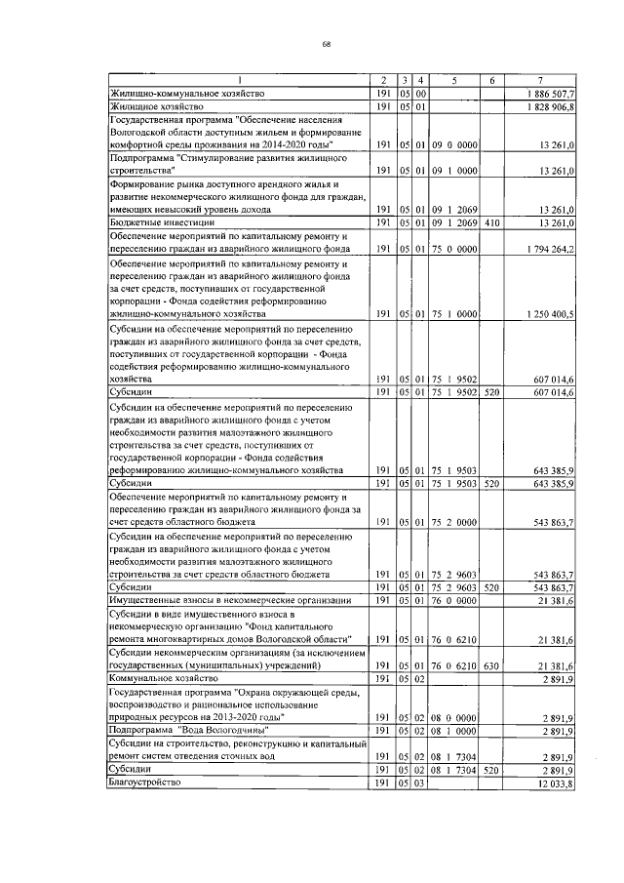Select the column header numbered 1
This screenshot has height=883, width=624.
point(239,80)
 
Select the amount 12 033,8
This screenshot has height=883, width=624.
point(557,783)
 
